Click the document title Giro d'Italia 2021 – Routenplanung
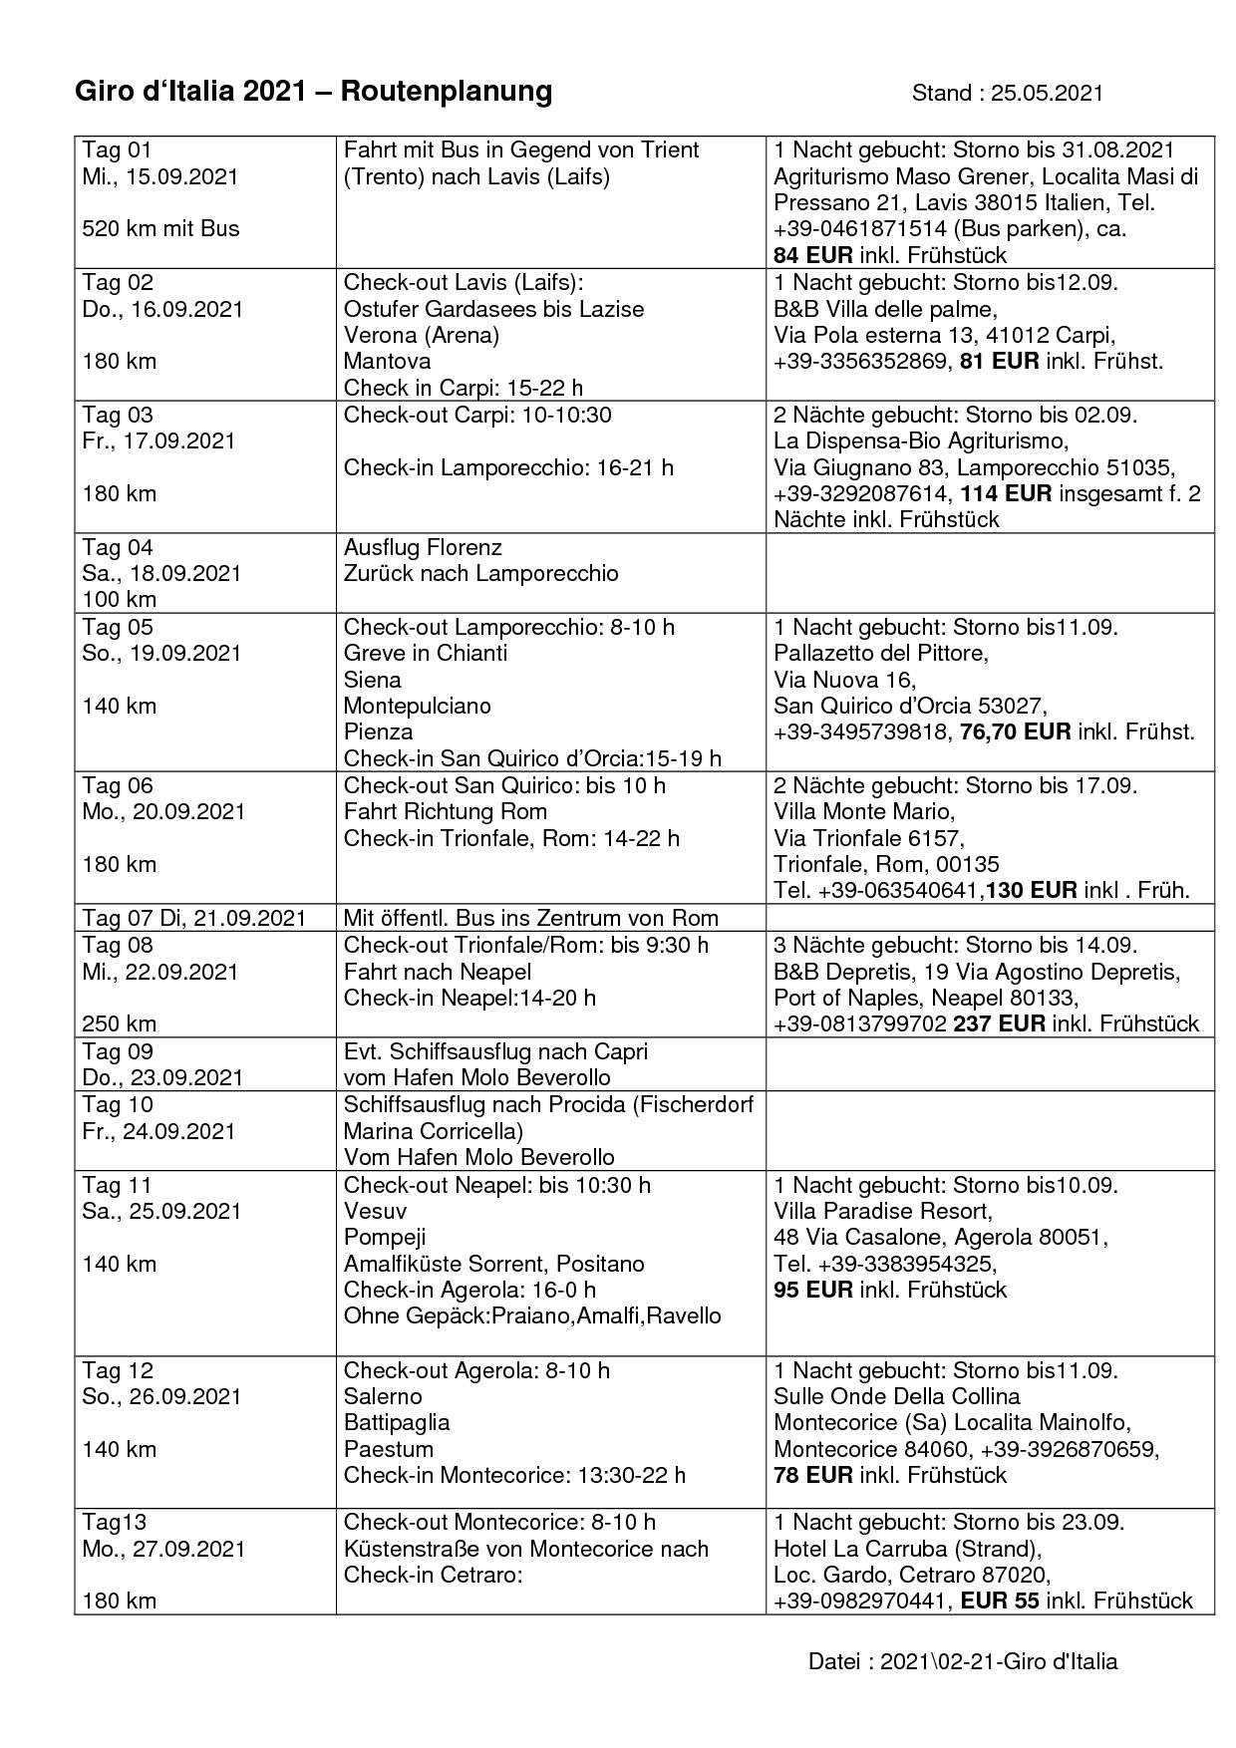coord(313,92)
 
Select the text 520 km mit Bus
coord(160,228)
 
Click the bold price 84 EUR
coord(812,255)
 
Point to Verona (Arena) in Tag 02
coord(421,335)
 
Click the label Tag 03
coord(117,415)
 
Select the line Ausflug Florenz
coord(423,547)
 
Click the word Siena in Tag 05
coord(373,680)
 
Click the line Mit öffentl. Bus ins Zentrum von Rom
coord(530,918)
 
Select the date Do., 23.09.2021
coord(161,1077)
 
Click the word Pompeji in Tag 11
coord(385,1237)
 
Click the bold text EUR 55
coord(1000,1602)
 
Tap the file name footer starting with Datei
coord(962,1661)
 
